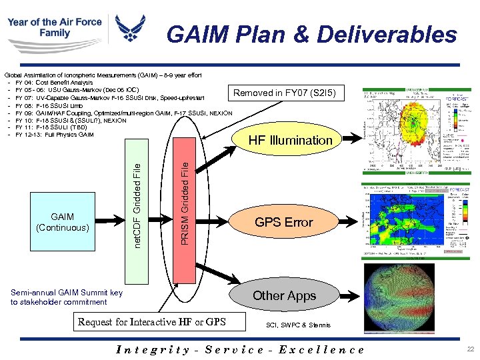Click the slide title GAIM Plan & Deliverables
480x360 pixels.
(311, 34)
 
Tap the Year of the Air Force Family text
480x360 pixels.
(54, 27)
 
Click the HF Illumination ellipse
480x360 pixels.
(290, 141)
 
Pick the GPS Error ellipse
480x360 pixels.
(284, 222)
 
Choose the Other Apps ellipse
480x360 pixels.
(284, 295)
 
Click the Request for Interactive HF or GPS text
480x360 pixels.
(152, 323)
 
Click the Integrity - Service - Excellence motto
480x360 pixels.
(240, 349)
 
